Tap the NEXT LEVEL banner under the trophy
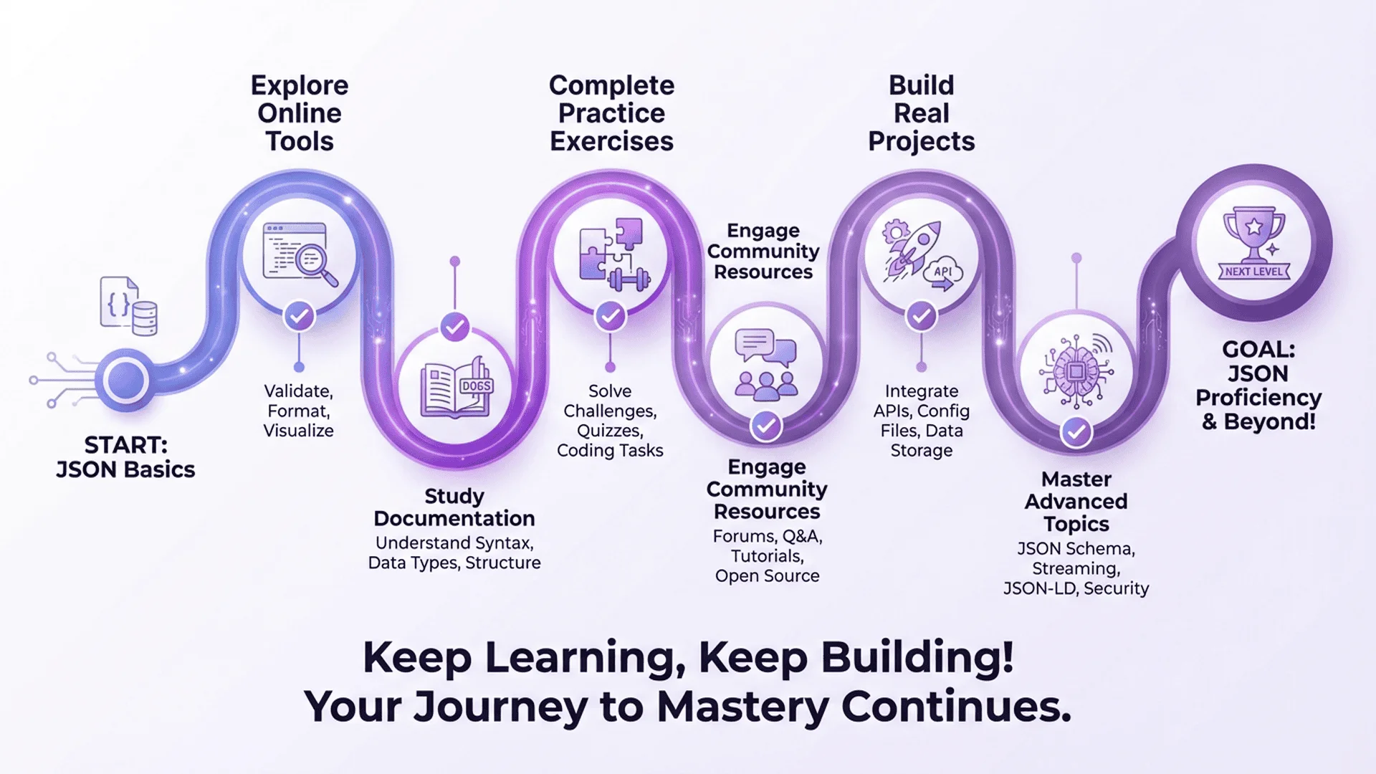(x=1254, y=272)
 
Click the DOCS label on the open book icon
(x=476, y=386)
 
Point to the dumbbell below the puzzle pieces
(x=629, y=278)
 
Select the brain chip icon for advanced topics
(x=1076, y=371)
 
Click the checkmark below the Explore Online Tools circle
(x=299, y=315)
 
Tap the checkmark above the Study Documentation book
(x=454, y=328)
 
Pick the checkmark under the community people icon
(x=766, y=426)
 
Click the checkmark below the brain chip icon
(x=1076, y=431)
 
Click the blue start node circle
(x=126, y=380)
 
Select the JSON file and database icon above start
(x=129, y=306)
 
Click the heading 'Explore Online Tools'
(x=300, y=113)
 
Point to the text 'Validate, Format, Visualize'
(x=299, y=411)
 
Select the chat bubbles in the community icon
(x=765, y=347)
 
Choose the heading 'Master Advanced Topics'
(x=1076, y=502)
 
